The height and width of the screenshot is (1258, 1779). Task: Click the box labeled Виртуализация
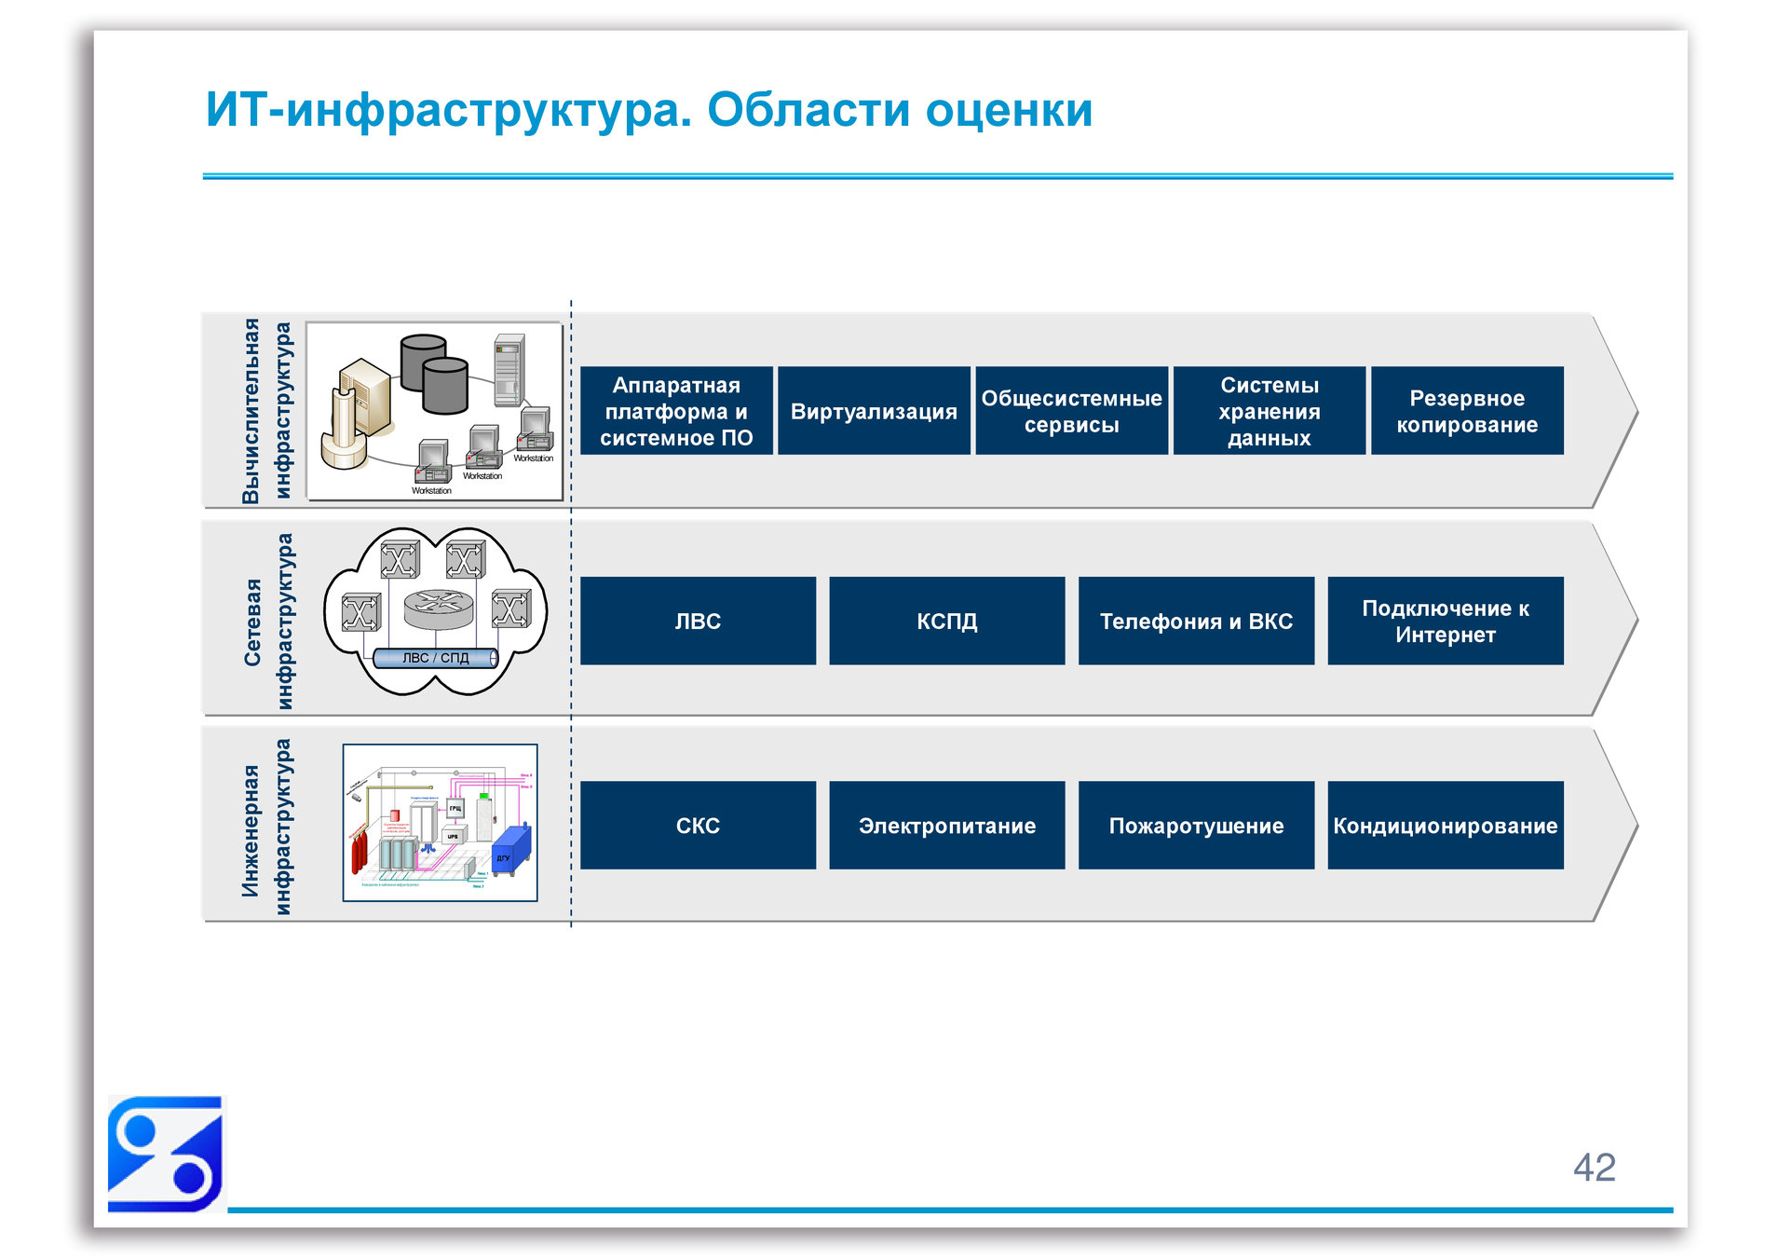pos(873,411)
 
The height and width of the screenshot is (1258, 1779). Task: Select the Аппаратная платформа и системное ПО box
pos(676,411)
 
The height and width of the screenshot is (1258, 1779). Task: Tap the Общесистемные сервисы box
pos(1071,411)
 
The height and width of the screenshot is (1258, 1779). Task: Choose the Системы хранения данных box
pos(1269,411)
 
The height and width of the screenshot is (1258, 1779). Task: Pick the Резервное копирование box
pos(1466,411)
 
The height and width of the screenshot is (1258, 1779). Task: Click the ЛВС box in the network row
pos(698,621)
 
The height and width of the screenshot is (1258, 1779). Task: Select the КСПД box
pos(946,621)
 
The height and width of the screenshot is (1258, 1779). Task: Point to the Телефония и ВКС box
pos(1196,621)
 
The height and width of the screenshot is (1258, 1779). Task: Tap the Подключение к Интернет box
pos(1445,621)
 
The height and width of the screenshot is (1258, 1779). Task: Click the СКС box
pos(698,826)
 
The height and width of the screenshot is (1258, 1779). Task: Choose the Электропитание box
pos(946,826)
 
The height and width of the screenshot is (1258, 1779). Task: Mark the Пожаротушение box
pos(1196,826)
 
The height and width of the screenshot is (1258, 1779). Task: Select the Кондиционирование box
pos(1445,826)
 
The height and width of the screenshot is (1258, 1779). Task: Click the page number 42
pos(1594,1167)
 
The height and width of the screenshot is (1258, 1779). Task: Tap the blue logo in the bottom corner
pos(165,1154)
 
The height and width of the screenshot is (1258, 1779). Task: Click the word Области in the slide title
pos(808,110)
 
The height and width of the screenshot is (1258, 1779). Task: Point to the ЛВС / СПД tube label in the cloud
pos(435,658)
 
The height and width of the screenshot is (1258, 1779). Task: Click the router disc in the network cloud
pos(438,607)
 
